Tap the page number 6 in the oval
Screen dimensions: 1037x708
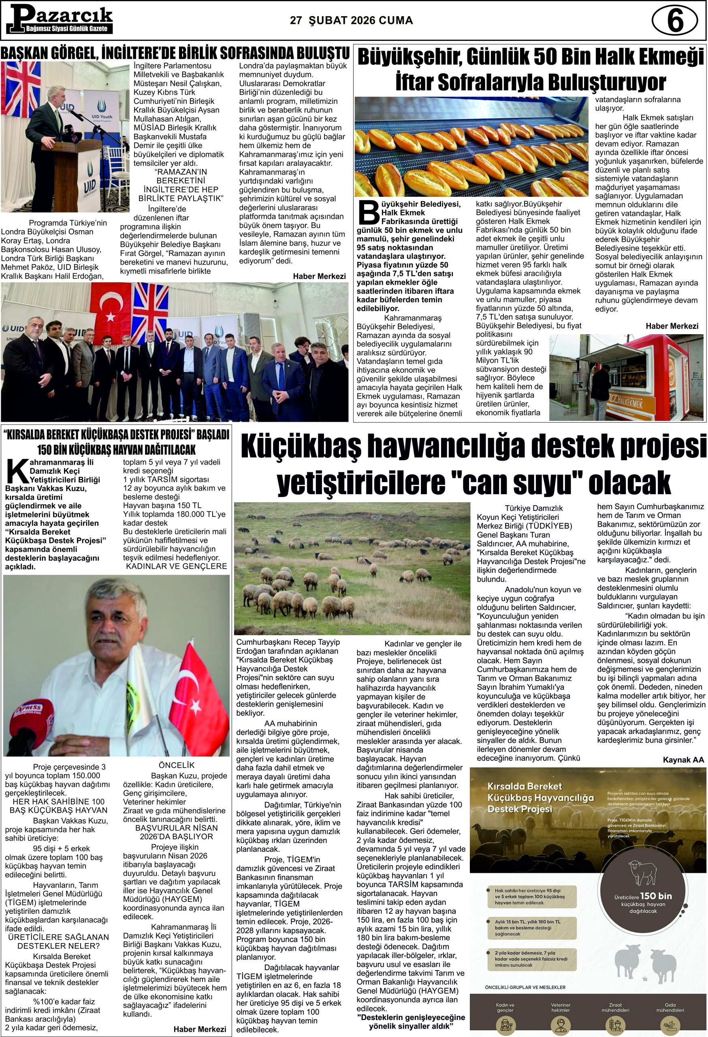674,21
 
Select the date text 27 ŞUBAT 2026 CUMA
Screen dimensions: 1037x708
351,21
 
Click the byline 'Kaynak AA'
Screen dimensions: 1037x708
683,760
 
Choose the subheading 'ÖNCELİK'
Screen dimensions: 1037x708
177,765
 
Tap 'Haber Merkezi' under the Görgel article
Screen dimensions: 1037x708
319,276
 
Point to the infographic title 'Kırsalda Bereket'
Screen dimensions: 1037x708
524,786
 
